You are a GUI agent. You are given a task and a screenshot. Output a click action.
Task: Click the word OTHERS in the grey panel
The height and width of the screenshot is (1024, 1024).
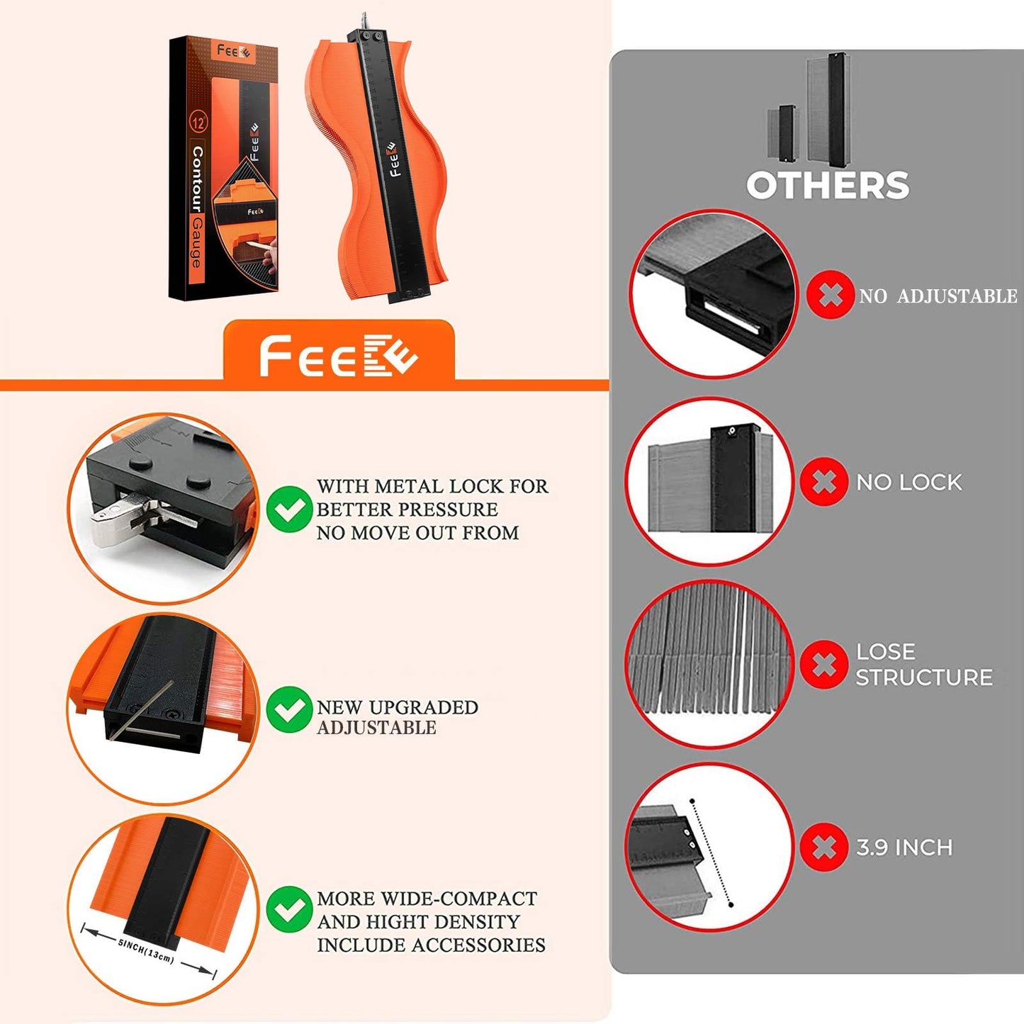828,186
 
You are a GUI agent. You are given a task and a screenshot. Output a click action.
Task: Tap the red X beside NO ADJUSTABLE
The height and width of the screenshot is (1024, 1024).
830,294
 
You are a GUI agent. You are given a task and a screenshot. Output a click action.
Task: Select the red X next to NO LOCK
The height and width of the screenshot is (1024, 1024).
823,482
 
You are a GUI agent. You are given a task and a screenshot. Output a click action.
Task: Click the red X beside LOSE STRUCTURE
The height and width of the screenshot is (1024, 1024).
823,664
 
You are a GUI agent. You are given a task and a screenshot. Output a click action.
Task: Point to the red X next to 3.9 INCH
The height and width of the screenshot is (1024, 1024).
823,847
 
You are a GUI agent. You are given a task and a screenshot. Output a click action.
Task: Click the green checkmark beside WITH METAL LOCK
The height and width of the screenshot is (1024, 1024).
289,509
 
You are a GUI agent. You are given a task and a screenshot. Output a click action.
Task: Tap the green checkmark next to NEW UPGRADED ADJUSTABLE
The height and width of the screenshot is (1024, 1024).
289,709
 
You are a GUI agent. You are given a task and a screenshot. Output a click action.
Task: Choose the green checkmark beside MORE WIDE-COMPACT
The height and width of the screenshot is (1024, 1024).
289,909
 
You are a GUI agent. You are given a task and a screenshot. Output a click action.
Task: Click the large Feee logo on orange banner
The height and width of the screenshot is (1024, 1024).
338,356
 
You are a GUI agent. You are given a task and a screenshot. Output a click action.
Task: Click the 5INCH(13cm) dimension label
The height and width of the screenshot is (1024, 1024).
146,950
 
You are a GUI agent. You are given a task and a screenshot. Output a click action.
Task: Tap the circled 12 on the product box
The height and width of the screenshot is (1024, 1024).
198,122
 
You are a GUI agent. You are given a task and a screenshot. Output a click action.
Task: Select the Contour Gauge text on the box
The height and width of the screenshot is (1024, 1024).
197,207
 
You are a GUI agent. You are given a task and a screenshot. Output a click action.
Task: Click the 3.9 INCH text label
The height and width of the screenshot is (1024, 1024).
904,848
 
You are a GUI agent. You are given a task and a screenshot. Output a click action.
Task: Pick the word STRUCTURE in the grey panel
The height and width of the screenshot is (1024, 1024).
923,677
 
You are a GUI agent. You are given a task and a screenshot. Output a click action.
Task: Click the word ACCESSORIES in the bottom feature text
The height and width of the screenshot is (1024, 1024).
478,945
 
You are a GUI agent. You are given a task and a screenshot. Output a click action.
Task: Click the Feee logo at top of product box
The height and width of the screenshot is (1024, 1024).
234,52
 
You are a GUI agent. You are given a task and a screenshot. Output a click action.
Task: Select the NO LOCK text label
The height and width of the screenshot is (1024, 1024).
909,483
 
